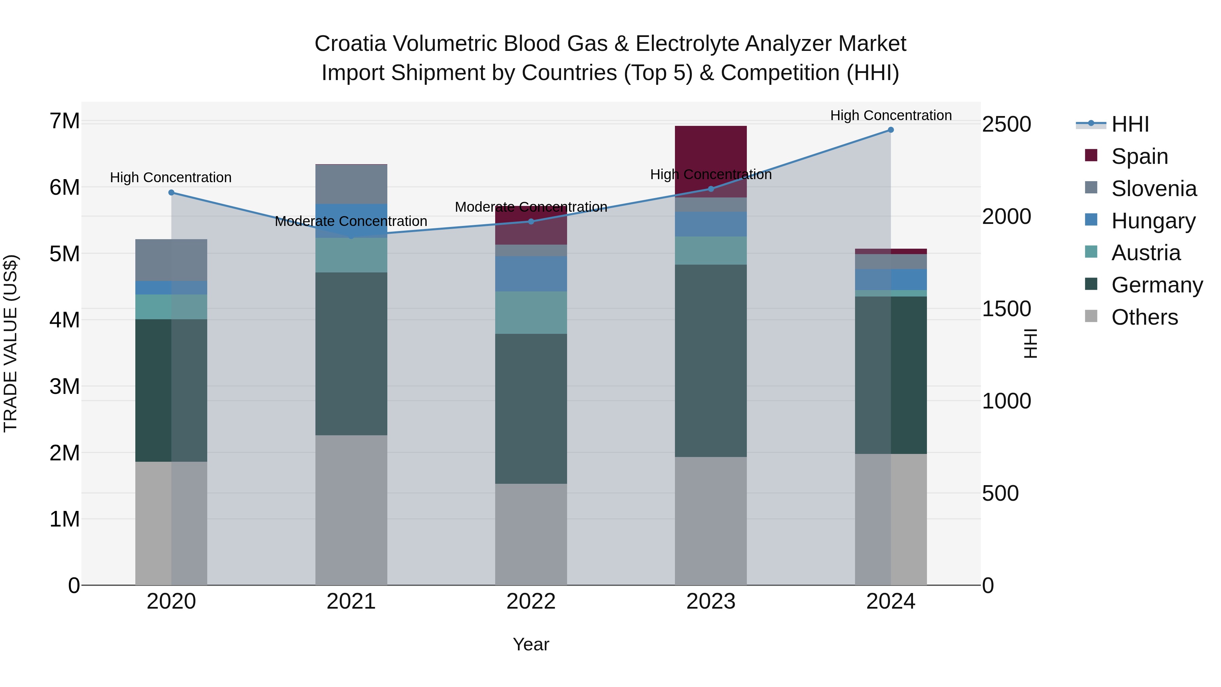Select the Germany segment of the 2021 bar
tap(351, 353)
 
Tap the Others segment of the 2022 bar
tap(531, 534)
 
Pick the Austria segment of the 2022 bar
tap(531, 312)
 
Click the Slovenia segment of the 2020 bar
tap(171, 260)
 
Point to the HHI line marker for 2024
tap(891, 130)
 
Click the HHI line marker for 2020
tap(172, 192)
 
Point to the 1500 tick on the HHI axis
tap(1006, 309)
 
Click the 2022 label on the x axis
tap(531, 602)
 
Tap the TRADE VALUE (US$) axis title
tap(11, 343)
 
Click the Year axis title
tap(531, 644)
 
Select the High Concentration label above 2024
tap(891, 115)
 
